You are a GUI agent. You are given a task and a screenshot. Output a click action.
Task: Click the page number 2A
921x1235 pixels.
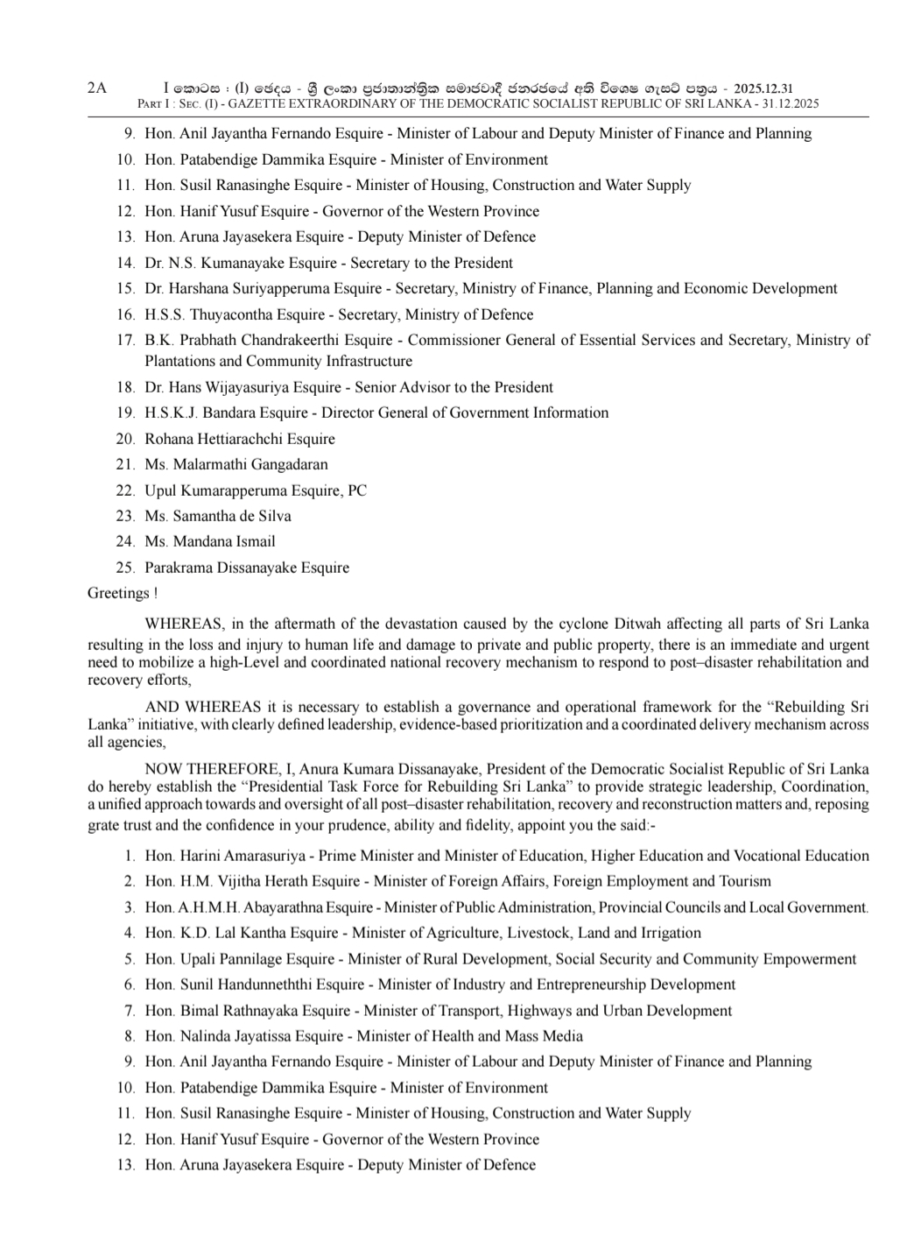(96, 88)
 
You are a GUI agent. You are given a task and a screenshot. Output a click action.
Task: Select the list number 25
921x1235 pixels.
(124, 568)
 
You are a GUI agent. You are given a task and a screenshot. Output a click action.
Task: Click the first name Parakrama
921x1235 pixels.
(180, 568)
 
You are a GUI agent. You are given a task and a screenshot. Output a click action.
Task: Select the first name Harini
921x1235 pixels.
(200, 856)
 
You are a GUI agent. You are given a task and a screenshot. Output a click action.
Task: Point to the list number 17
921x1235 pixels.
(124, 340)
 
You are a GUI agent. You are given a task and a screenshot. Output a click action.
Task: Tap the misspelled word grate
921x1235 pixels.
(104, 825)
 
